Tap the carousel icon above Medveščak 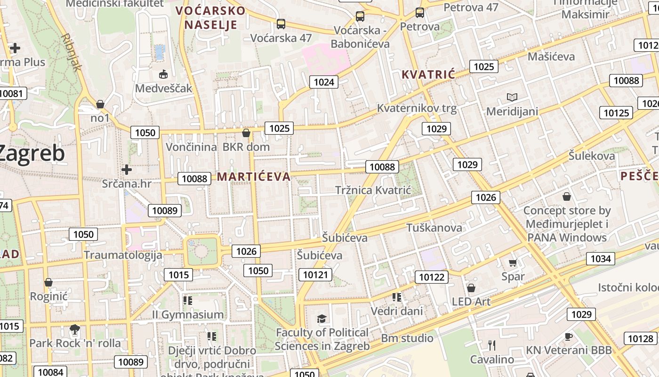click(x=163, y=74)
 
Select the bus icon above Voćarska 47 click(x=281, y=24)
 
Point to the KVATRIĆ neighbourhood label click(x=428, y=74)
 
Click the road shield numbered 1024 click(x=324, y=82)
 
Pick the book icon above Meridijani click(x=512, y=98)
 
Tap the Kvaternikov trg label click(x=417, y=108)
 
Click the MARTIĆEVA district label click(x=254, y=177)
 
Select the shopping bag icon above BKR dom click(x=246, y=133)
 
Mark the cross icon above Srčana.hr click(x=126, y=169)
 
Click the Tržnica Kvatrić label click(x=373, y=190)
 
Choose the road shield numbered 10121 click(x=315, y=275)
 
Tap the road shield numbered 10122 click(x=432, y=277)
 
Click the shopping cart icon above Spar click(x=513, y=262)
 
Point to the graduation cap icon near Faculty click(x=321, y=319)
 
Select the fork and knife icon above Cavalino click(x=492, y=345)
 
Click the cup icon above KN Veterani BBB click(x=568, y=336)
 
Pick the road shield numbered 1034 click(x=600, y=259)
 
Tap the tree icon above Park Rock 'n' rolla click(x=74, y=329)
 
